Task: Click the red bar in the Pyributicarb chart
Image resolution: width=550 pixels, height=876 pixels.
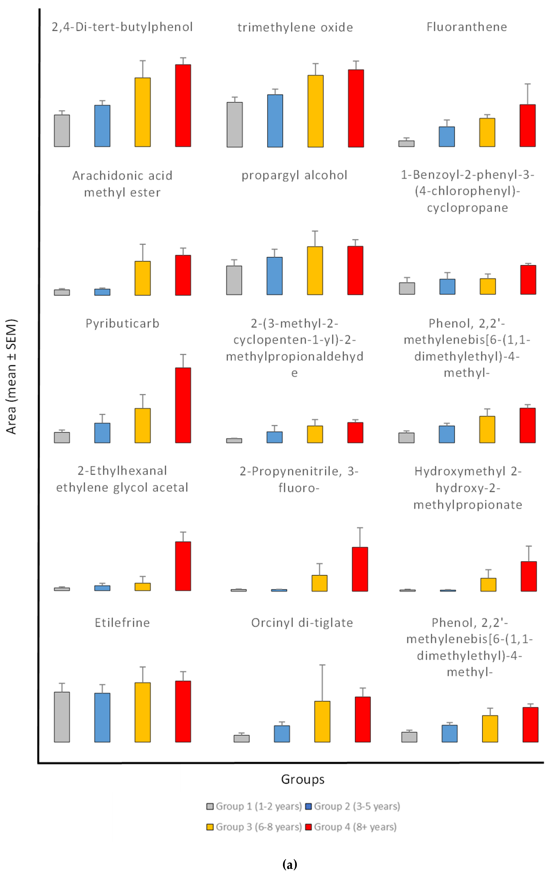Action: pyautogui.click(x=183, y=405)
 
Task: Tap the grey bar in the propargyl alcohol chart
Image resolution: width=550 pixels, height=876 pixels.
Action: pyautogui.click(x=234, y=280)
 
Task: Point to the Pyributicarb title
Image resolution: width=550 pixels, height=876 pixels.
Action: pyautogui.click(x=122, y=323)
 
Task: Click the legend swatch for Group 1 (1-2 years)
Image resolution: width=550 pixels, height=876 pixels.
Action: pyautogui.click(x=210, y=807)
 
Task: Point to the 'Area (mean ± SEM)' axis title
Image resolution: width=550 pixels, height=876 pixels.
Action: pyautogui.click(x=12, y=376)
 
